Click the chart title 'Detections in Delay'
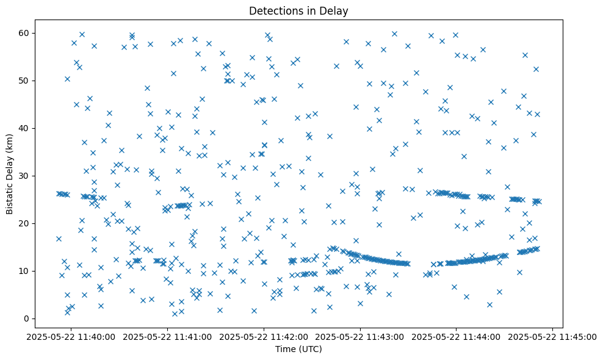tap(298, 11)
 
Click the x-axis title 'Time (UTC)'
tap(298, 349)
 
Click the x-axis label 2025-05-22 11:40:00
tap(71, 336)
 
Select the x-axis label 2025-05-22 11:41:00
tap(168, 336)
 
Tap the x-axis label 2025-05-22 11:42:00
tap(264, 336)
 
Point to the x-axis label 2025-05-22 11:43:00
tap(361, 336)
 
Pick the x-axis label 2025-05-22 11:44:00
tap(457, 336)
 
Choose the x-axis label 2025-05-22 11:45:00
tap(553, 336)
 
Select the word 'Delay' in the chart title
tap(336, 11)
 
